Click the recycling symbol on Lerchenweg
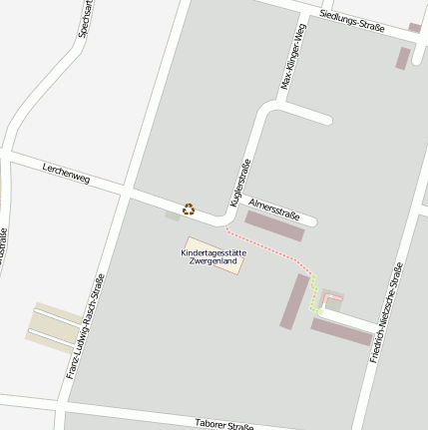[188, 209]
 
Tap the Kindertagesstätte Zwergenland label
[213, 257]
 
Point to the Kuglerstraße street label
[240, 182]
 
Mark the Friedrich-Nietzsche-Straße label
[386, 311]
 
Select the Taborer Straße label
[224, 424]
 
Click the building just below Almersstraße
[275, 227]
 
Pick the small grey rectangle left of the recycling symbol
[173, 215]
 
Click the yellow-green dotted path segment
[314, 294]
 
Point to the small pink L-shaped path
[332, 298]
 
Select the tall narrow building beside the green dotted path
[296, 299]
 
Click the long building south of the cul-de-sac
[341, 331]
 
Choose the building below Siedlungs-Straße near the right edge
[403, 57]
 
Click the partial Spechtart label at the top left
[86, 18]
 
